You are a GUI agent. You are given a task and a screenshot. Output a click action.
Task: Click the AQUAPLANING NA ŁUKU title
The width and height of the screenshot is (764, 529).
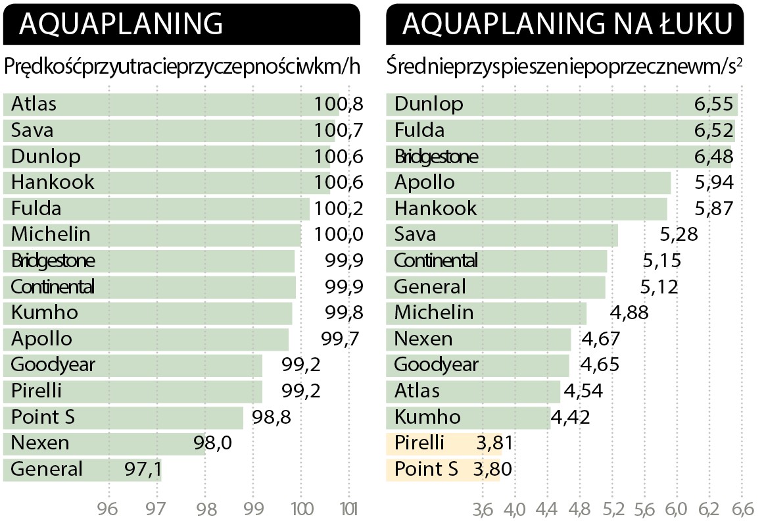click(567, 24)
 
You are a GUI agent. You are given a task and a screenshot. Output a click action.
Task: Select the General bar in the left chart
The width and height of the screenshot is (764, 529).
click(82, 469)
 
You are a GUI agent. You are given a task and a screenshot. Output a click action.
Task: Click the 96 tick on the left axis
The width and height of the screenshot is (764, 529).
click(108, 509)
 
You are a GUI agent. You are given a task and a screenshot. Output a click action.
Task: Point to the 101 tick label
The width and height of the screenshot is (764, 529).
click(349, 509)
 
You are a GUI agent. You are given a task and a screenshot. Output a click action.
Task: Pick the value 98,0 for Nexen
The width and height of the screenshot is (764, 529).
click(212, 443)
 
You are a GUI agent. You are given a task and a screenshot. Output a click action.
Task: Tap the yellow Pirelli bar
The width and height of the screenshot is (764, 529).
click(444, 443)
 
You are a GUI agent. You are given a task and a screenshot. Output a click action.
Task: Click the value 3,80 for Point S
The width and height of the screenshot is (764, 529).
click(492, 469)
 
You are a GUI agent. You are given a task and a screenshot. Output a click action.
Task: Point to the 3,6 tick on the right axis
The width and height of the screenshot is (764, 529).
click(483, 509)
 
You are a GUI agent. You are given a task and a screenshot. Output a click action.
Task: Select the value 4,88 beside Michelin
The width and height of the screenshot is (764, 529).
click(629, 313)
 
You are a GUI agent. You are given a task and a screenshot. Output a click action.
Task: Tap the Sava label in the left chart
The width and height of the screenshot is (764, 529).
click(32, 130)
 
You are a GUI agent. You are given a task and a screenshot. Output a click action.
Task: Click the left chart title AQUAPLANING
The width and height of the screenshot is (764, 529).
click(122, 24)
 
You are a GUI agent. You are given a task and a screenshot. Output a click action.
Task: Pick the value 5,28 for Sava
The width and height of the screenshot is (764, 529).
click(678, 234)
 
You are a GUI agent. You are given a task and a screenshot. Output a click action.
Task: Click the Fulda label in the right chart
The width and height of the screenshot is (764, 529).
click(419, 130)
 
